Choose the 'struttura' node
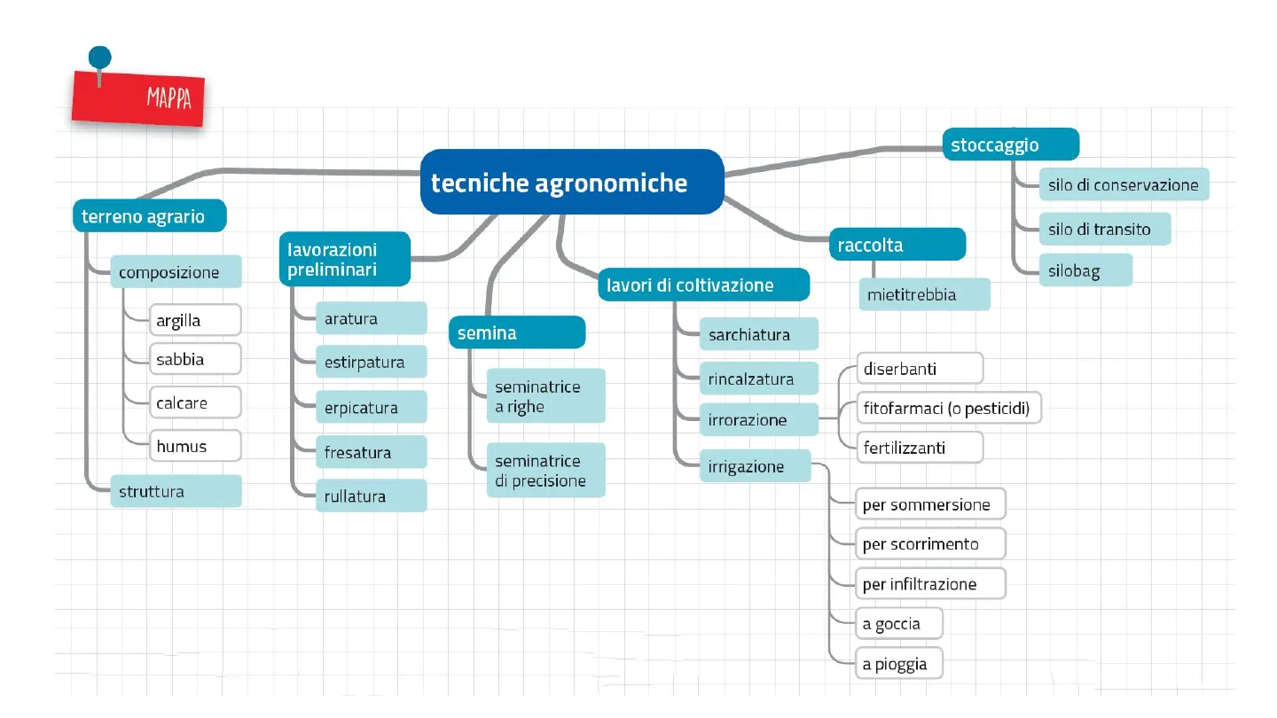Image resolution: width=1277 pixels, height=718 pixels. pos(176,491)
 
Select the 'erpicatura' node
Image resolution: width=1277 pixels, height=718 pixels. pos(371,408)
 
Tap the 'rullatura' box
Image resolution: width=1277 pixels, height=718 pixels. pos(371,496)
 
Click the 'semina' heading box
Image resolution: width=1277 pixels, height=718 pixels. pos(516,333)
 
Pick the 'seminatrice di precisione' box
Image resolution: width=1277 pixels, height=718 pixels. pos(545,471)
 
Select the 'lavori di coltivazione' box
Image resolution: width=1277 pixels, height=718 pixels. pos(703,285)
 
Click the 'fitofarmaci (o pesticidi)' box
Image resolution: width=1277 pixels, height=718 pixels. pos(948,409)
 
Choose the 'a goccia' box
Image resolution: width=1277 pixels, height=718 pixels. pos(897,624)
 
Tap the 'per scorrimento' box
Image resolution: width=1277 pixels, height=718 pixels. pos(929,543)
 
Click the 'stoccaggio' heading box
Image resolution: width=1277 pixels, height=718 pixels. pos(1010,144)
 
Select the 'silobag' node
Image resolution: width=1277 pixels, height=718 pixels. pos(1085,270)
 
